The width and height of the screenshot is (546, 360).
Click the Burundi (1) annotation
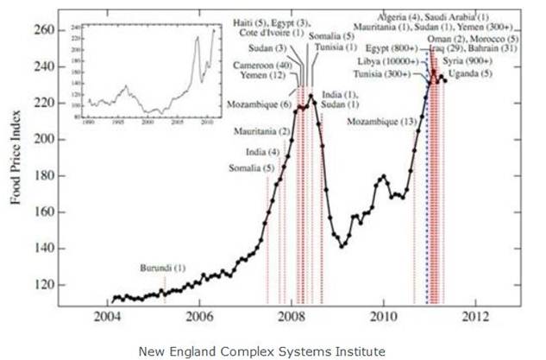tap(162, 268)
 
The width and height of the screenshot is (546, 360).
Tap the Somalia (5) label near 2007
tap(246, 167)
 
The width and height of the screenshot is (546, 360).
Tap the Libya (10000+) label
tap(386, 62)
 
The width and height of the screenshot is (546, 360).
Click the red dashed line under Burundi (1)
tap(164, 289)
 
